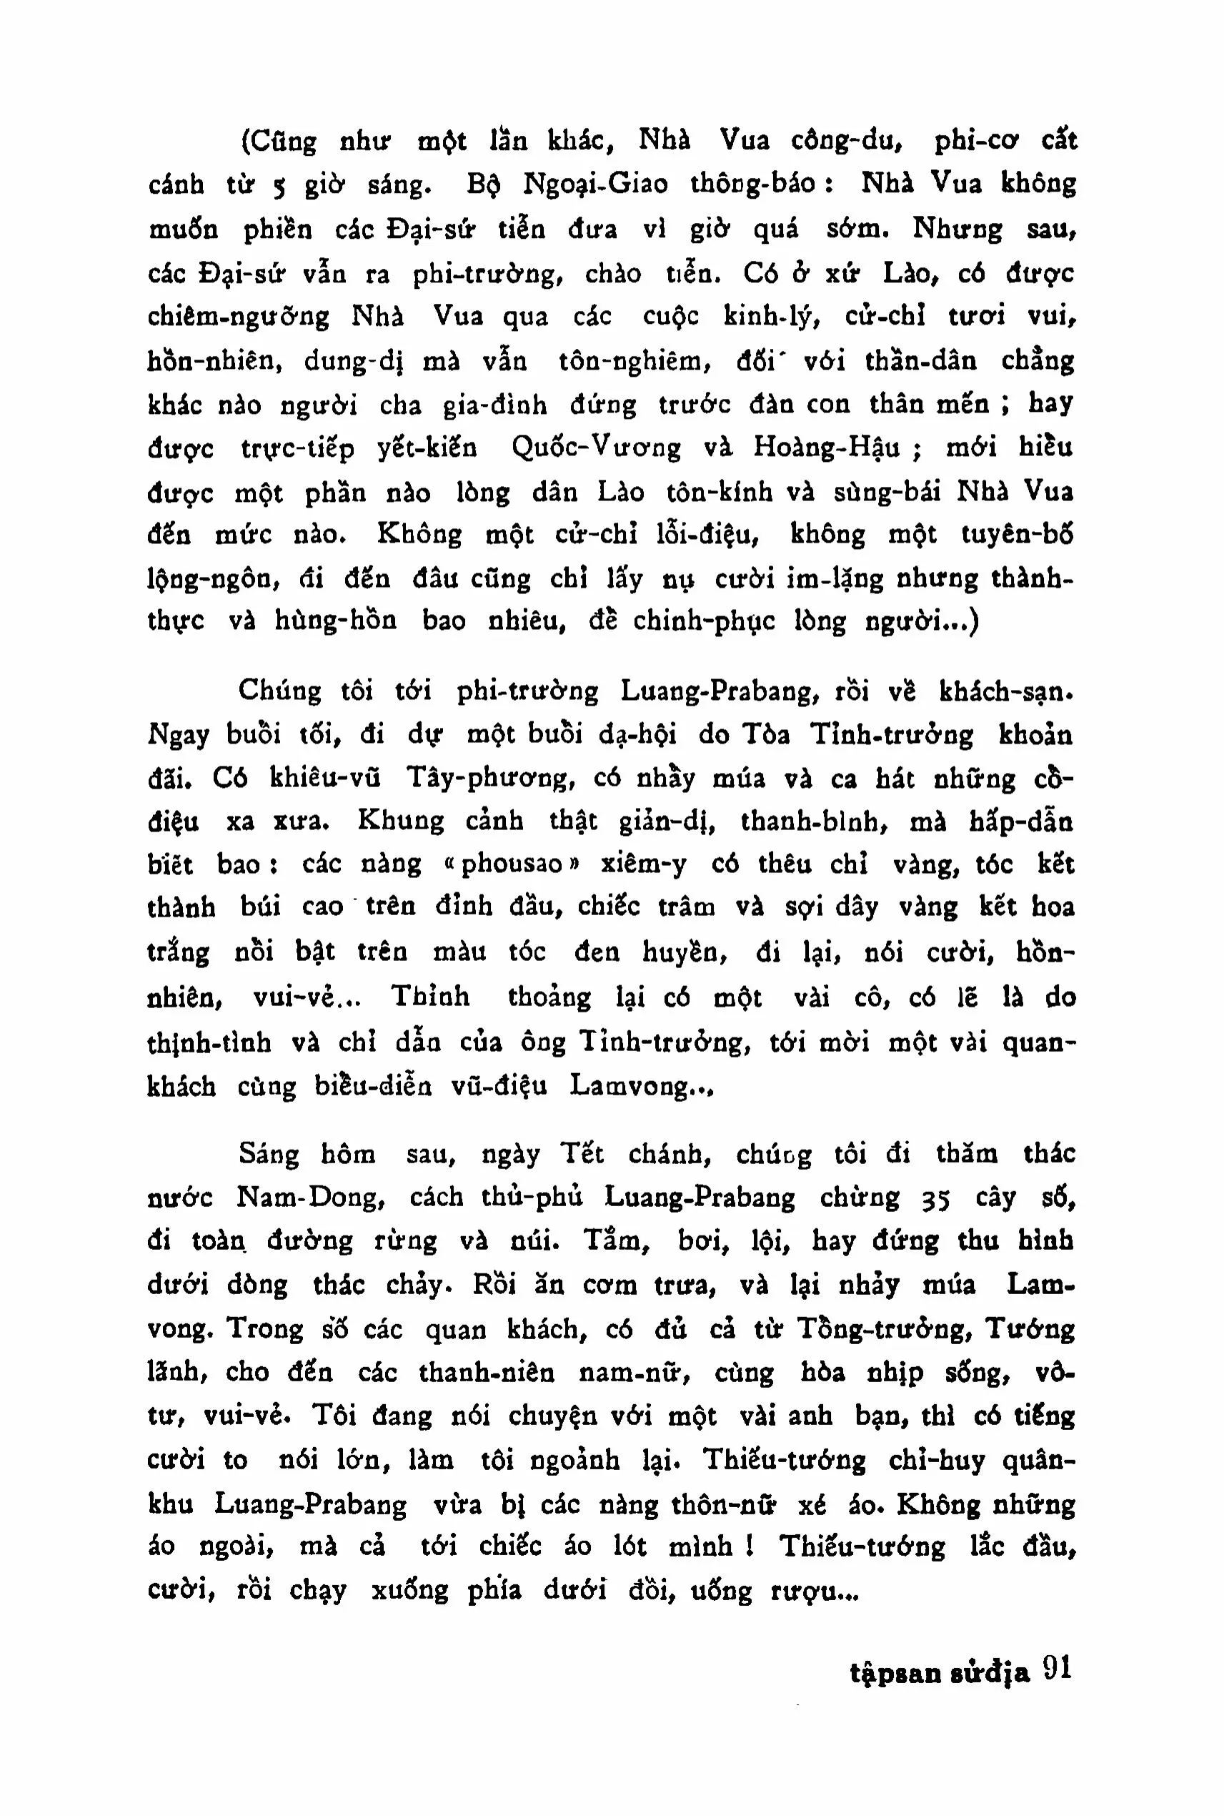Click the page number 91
[x=1056, y=1669]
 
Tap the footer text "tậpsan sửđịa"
[x=939, y=1673]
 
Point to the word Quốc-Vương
[x=596, y=448]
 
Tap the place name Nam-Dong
[x=310, y=1198]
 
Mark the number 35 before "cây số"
[x=935, y=1199]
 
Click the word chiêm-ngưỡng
[x=238, y=317]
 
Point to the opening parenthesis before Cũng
[x=244, y=142]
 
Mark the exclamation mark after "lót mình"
[x=748, y=1546]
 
